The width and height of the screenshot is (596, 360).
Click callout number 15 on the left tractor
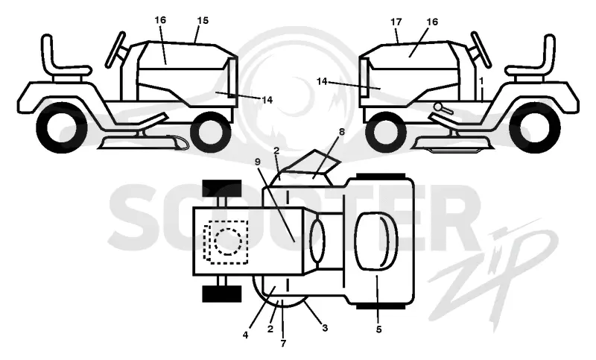point(203,21)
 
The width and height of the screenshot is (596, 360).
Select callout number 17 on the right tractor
point(396,22)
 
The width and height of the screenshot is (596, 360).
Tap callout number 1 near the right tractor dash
point(481,80)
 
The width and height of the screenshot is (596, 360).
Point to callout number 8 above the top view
point(341,132)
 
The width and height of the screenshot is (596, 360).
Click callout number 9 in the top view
point(258,161)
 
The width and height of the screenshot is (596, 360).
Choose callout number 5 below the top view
point(378,329)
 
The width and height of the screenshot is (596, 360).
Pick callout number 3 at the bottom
point(325,327)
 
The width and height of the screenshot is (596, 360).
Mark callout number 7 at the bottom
point(283,344)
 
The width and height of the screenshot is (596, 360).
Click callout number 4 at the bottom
point(245,335)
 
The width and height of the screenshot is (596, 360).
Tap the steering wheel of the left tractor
point(115,49)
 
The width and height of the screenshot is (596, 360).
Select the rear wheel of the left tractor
point(61,127)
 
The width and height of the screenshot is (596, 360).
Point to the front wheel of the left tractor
point(211,131)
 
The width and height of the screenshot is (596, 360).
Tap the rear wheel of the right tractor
point(535,127)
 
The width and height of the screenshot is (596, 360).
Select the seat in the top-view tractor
point(375,241)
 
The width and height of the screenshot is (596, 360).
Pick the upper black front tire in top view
point(222,188)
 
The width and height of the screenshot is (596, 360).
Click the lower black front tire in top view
point(222,294)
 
